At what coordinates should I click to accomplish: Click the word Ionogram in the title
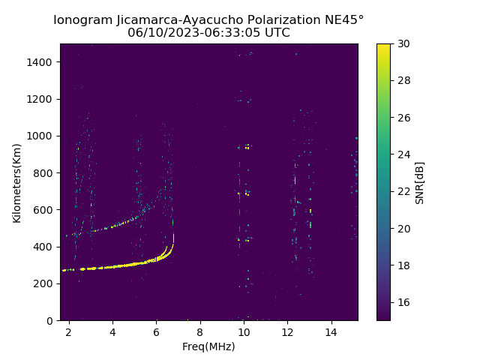[x=83, y=20]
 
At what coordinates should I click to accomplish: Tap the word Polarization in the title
[x=283, y=20]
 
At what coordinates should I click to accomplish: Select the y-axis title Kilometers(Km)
[x=16, y=183]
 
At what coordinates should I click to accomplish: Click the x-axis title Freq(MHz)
[x=208, y=346]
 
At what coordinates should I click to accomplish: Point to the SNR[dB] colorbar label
[x=420, y=183]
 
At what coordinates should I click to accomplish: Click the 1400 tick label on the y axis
[x=39, y=62]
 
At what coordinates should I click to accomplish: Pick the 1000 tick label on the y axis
[x=39, y=136]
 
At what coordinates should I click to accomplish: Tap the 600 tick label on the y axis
[x=43, y=210]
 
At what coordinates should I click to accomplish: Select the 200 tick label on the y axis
[x=43, y=283]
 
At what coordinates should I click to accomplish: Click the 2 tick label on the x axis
[x=69, y=332]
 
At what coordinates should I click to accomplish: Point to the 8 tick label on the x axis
[x=200, y=332]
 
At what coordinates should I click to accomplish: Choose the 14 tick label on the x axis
[x=331, y=332]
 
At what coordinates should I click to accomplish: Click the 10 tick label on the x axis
[x=244, y=332]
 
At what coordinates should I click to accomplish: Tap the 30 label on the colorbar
[x=403, y=44]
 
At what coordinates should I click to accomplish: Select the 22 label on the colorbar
[x=403, y=192]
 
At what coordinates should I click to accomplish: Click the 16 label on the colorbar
[x=403, y=302]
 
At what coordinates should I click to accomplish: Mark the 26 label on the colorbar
[x=403, y=118]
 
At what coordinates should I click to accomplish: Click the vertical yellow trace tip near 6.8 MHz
[x=173, y=234]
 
